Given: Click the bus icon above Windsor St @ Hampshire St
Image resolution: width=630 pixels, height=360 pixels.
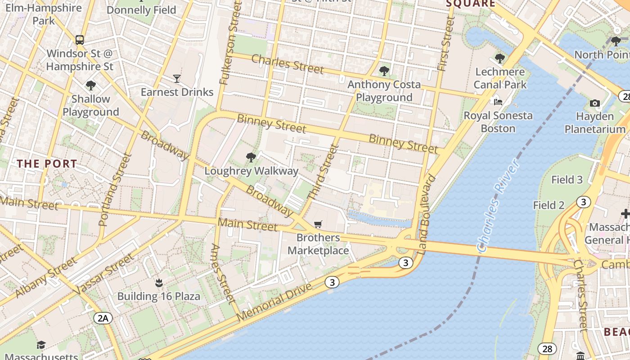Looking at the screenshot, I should pyautogui.click(x=80, y=40).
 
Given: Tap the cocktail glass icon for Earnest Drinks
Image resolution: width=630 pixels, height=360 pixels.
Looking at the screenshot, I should pyautogui.click(x=176, y=79).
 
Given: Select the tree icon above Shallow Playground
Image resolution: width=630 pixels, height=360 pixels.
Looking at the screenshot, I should pyautogui.click(x=91, y=85).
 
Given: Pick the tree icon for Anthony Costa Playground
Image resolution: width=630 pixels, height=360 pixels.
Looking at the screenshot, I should pyautogui.click(x=384, y=71).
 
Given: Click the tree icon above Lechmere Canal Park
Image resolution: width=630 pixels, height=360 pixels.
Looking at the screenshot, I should pyautogui.click(x=499, y=58).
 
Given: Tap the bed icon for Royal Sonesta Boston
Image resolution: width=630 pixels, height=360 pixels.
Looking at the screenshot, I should pyautogui.click(x=498, y=102).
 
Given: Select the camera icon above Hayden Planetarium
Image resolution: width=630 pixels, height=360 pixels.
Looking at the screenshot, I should pyautogui.click(x=594, y=103).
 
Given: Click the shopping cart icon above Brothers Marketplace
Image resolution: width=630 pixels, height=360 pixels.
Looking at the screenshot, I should pyautogui.click(x=318, y=224).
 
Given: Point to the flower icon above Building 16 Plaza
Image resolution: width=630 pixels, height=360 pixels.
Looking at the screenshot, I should pyautogui.click(x=158, y=283).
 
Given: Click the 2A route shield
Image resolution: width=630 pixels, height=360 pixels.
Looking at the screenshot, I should pyautogui.click(x=103, y=319).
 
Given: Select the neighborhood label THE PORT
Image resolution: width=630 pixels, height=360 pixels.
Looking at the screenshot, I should pyautogui.click(x=47, y=164).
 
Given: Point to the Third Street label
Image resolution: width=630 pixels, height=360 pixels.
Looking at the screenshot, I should pyautogui.click(x=322, y=172).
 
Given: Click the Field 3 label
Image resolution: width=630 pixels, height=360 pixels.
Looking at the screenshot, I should pyautogui.click(x=567, y=180).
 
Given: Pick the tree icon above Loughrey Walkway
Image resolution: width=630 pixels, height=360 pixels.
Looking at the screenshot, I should pyautogui.click(x=251, y=157).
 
